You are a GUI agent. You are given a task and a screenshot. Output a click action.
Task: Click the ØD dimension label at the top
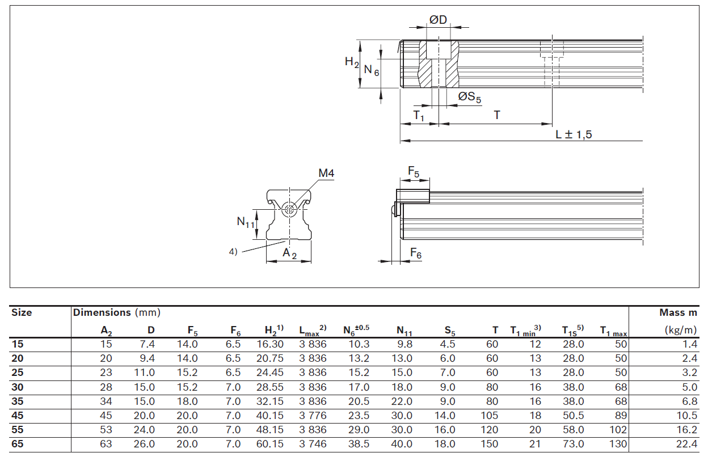click(x=438, y=20)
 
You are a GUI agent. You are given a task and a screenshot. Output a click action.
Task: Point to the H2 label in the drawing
click(x=352, y=62)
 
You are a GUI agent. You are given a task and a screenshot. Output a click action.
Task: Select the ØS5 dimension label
click(x=470, y=98)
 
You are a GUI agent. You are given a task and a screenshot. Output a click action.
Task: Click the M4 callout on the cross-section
click(x=326, y=174)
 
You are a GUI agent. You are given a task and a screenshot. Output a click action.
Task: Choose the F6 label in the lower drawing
click(x=416, y=255)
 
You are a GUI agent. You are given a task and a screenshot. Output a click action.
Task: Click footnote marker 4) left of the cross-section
click(x=233, y=252)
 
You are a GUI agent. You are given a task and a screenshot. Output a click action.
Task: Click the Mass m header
click(x=678, y=312)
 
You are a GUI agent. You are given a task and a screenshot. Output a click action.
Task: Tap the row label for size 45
click(x=18, y=415)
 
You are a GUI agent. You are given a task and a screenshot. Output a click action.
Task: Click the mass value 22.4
click(x=688, y=444)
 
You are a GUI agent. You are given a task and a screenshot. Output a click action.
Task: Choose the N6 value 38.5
click(x=359, y=444)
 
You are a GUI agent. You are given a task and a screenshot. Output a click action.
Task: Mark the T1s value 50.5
click(x=573, y=415)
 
